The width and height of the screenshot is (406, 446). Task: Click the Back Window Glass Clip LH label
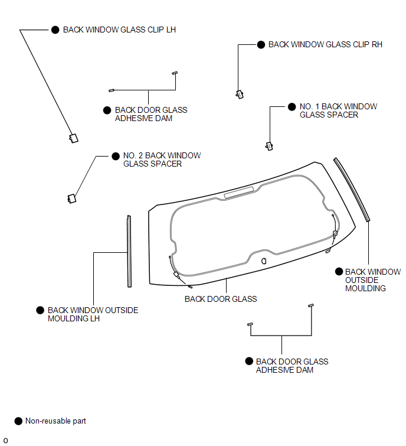point(119,30)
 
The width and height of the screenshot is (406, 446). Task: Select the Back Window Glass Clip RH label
point(325,44)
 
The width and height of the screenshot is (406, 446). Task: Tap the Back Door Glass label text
point(221,299)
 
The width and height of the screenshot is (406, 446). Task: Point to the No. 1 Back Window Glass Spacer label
point(338,110)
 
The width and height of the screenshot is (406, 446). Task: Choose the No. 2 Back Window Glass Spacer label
point(162,159)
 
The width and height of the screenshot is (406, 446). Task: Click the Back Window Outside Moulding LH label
point(93,314)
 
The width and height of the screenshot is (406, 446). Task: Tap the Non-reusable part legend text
point(55,421)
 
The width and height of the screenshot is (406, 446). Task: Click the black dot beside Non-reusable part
point(18,421)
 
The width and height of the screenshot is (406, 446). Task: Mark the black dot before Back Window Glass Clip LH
point(55,30)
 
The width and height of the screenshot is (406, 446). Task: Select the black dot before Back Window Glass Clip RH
point(261,45)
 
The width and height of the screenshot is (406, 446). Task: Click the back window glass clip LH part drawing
point(74,138)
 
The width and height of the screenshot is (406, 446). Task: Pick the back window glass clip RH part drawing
point(240,94)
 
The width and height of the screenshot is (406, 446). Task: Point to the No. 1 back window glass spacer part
point(269,146)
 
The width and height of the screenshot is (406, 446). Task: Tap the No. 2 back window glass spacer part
point(72,198)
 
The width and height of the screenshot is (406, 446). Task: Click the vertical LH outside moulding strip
point(129,251)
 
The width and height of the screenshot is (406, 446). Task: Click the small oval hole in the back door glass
point(264,261)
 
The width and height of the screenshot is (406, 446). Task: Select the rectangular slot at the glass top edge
point(238,192)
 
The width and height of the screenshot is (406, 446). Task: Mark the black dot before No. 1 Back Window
point(292,107)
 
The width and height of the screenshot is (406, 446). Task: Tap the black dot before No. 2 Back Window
point(116,156)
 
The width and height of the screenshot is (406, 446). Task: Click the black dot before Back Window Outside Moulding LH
point(40,310)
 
